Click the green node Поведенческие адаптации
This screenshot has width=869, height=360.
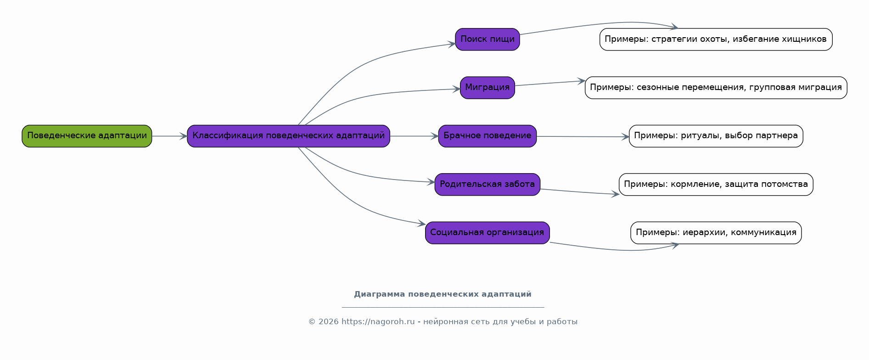pyautogui.click(x=87, y=136)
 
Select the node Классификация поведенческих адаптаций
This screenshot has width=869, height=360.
pyautogui.click(x=288, y=136)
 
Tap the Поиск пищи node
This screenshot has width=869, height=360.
pyautogui.click(x=488, y=39)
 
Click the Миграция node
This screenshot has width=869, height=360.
pyautogui.click(x=488, y=88)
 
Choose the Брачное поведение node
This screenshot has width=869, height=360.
pyautogui.click(x=488, y=136)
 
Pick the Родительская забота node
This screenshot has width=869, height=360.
pyautogui.click(x=488, y=185)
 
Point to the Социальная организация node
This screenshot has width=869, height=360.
pyautogui.click(x=488, y=233)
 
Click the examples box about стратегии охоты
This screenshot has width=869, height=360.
pyautogui.click(x=716, y=39)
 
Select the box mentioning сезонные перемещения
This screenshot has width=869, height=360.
pyautogui.click(x=716, y=88)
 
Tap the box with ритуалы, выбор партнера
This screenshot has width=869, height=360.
pyautogui.click(x=716, y=136)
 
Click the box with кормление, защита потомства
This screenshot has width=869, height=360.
pyautogui.click(x=716, y=185)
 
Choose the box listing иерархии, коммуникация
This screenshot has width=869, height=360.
pyautogui.click(x=716, y=233)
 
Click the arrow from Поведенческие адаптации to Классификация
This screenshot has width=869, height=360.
pyautogui.click(x=169, y=136)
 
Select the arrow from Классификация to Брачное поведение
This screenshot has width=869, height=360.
pyautogui.click(x=414, y=136)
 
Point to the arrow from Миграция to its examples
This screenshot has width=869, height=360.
pyautogui.click(x=550, y=83)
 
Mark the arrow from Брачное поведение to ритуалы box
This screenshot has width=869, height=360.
pyautogui.click(x=583, y=136)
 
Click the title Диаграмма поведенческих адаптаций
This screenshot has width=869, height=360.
pyautogui.click(x=443, y=294)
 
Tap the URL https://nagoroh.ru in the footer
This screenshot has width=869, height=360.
pyautogui.click(x=378, y=322)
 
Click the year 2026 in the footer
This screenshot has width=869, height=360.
pyautogui.click(x=329, y=322)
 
